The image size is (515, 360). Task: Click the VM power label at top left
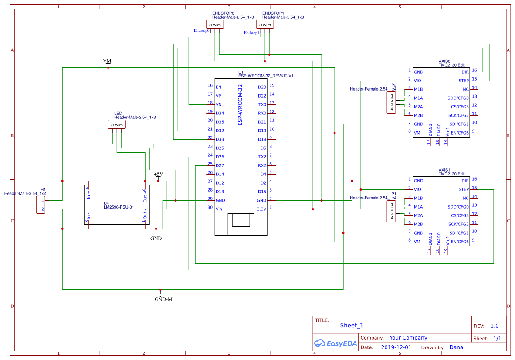click(107, 61)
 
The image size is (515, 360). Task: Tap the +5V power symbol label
click(158, 174)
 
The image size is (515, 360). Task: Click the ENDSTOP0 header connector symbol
click(215, 25)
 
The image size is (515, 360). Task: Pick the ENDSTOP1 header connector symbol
click(265, 25)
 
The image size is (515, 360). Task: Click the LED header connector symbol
click(117, 125)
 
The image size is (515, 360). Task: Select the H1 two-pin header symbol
click(42, 205)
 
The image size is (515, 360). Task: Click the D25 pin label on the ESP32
click(220, 148)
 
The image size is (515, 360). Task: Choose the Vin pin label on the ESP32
click(219, 209)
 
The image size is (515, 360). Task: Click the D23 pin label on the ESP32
click(262, 87)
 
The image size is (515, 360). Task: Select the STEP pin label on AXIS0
click(464, 81)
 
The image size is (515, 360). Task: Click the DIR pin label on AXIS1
click(465, 181)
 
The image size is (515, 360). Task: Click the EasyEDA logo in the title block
click(335, 343)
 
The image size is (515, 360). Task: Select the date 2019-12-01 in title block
click(396, 347)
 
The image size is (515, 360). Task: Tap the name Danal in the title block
click(457, 347)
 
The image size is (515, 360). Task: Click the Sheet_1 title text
click(351, 325)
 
